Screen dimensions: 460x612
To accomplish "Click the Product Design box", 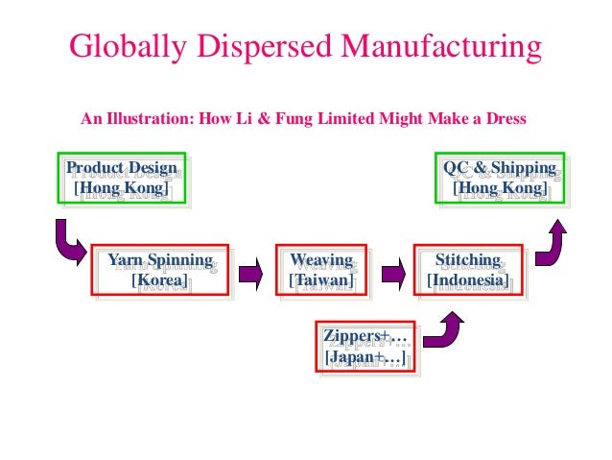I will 120,178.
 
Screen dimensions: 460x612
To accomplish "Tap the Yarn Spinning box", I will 160,271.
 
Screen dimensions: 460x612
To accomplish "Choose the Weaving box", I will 321,271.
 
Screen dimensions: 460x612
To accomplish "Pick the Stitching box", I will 468,271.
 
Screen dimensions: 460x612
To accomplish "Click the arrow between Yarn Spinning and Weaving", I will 250,272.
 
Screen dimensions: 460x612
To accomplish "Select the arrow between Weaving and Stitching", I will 390,272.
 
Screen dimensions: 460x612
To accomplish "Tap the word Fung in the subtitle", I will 290,120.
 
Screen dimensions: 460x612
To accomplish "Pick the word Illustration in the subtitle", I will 147,120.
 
